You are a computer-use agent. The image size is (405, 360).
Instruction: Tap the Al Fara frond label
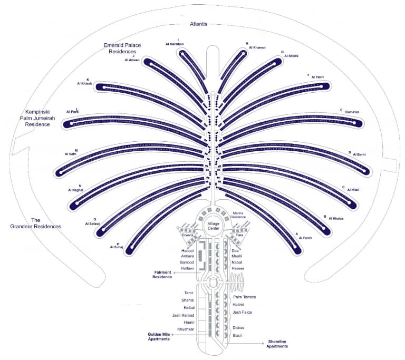click(x=72, y=112)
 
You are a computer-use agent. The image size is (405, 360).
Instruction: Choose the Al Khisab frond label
click(x=84, y=84)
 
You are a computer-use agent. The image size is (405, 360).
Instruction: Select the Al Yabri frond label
click(x=317, y=77)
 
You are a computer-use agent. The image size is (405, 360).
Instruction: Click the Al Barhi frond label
click(x=357, y=154)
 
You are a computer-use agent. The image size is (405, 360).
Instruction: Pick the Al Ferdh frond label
click(x=306, y=238)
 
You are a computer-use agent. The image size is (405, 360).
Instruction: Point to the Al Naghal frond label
click(x=76, y=189)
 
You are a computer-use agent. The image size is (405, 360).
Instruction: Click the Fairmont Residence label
click(x=163, y=275)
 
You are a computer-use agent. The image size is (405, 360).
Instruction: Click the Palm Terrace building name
click(x=244, y=297)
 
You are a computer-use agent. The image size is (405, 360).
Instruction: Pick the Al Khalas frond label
click(x=336, y=218)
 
